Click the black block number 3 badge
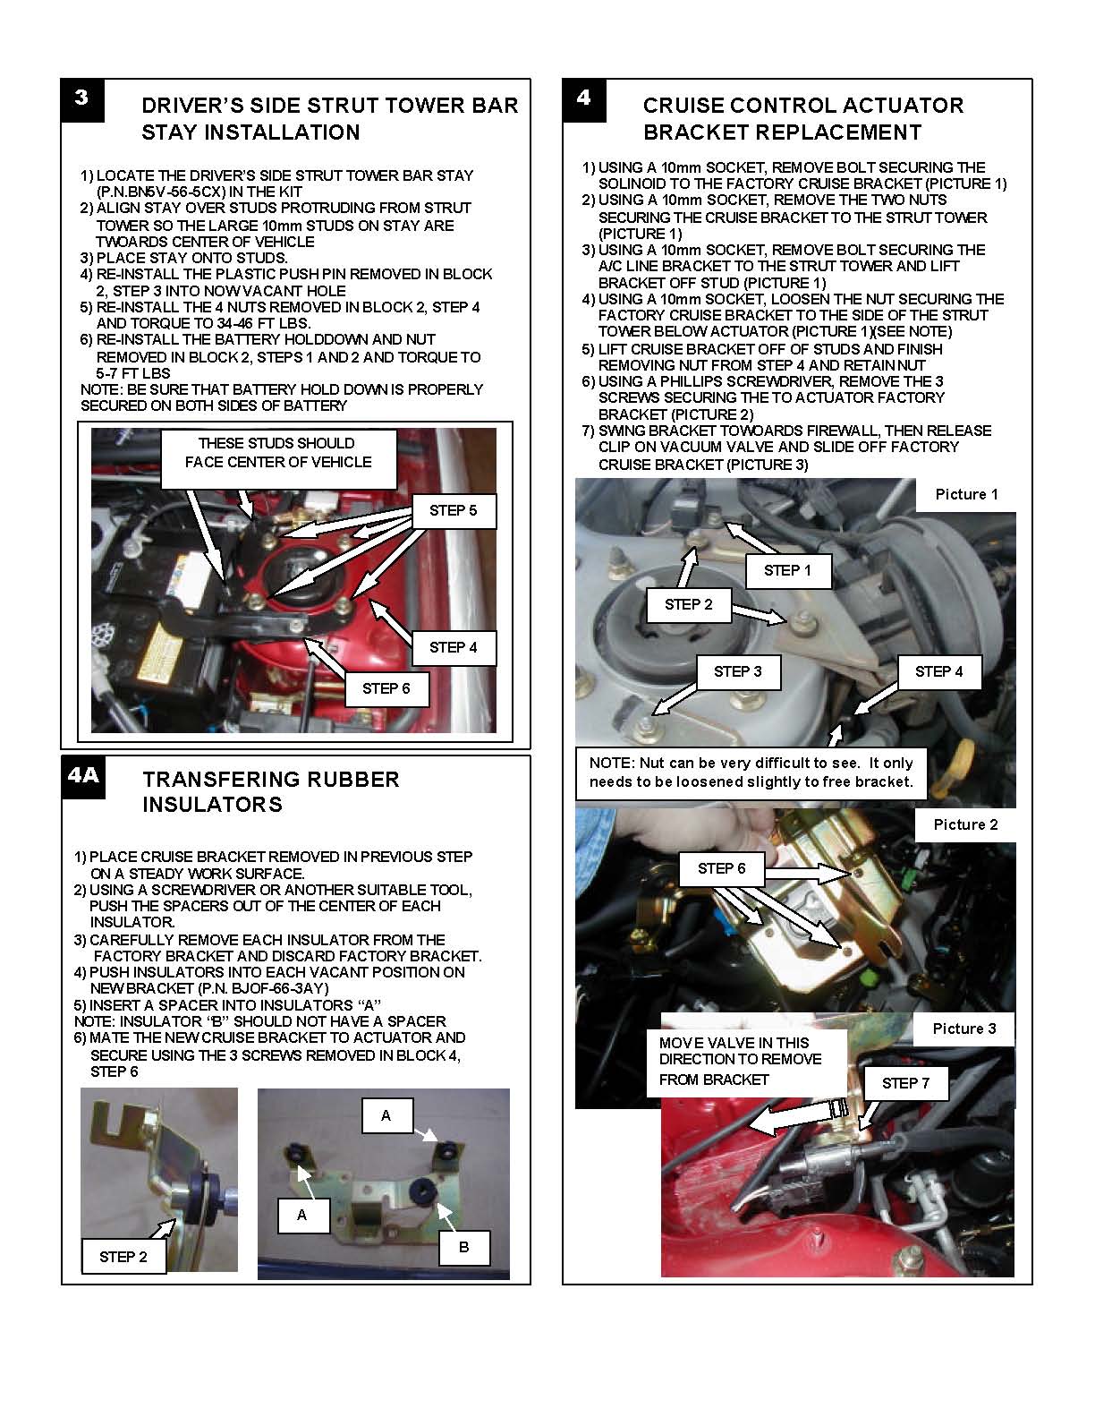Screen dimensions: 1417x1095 pyautogui.click(x=82, y=99)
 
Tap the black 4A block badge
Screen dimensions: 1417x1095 pyautogui.click(x=83, y=774)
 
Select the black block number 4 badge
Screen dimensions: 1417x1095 pyautogui.click(x=584, y=99)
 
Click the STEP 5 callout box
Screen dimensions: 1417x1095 pyautogui.click(x=453, y=511)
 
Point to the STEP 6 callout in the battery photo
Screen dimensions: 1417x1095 pyautogui.click(x=386, y=688)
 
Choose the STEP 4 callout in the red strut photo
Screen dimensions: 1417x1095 pyautogui.click(x=453, y=647)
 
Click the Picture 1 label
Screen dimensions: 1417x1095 pyautogui.click(x=966, y=494)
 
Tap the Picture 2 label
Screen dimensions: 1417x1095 pyautogui.click(x=965, y=824)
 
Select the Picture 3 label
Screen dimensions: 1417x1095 pyautogui.click(x=963, y=1029)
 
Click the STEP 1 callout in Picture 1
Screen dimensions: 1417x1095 pyautogui.click(x=786, y=570)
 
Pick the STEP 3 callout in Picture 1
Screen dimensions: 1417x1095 pyautogui.click(x=738, y=671)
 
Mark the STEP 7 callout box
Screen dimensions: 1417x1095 pyautogui.click(x=905, y=1083)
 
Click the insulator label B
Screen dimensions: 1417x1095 pyautogui.click(x=463, y=1246)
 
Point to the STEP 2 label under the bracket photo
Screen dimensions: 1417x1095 pyautogui.click(x=123, y=1257)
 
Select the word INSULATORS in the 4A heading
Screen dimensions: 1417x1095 pyautogui.click(x=212, y=804)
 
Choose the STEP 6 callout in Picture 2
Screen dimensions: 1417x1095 pyautogui.click(x=721, y=868)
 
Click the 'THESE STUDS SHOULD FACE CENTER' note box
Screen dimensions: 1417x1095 pyautogui.click(x=277, y=453)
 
